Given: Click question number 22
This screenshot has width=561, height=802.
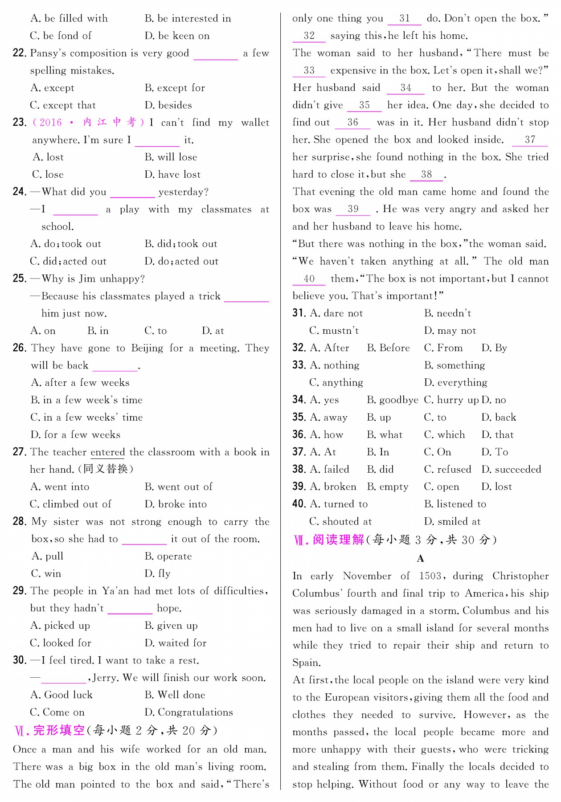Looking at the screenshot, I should coord(19,53).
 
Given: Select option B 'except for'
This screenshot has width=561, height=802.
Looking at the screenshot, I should coord(175,88).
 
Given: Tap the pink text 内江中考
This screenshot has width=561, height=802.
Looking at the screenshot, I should coord(110,123).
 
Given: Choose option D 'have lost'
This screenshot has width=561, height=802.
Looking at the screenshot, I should coord(172,175).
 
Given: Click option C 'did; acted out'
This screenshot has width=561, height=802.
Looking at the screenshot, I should coord(68,262).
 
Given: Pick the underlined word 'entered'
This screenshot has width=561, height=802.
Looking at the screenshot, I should coord(108,452).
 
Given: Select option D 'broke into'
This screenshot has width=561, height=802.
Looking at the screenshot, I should coord(176,504).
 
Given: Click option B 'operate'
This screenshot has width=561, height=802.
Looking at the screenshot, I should coord(168,556).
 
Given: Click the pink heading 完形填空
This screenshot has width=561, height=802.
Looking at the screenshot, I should coord(59,731).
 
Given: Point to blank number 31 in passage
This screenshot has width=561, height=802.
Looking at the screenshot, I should coord(405,19).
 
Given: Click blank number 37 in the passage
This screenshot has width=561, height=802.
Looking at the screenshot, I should coord(530,140).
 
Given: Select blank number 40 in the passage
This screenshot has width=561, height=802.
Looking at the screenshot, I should coord(309,279).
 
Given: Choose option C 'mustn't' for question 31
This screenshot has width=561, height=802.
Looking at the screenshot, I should coord(334,331).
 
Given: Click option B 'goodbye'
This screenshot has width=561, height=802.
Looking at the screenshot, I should coord(393,400).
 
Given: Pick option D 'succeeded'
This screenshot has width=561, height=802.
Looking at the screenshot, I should coord(511,470).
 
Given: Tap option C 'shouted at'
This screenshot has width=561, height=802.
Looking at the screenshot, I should coord(340,522).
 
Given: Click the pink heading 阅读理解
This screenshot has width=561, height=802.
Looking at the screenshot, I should coord(338,540).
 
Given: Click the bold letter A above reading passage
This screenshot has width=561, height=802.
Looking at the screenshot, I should coord(420,559).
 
